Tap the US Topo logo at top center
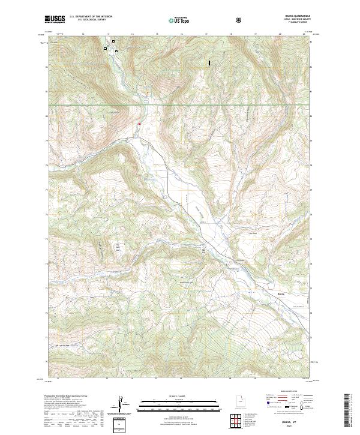(x=179, y=20)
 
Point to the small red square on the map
(x=139, y=124)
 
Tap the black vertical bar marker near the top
(x=209, y=62)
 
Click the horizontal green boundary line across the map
(x=180, y=106)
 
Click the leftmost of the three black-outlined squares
(x=105, y=48)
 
